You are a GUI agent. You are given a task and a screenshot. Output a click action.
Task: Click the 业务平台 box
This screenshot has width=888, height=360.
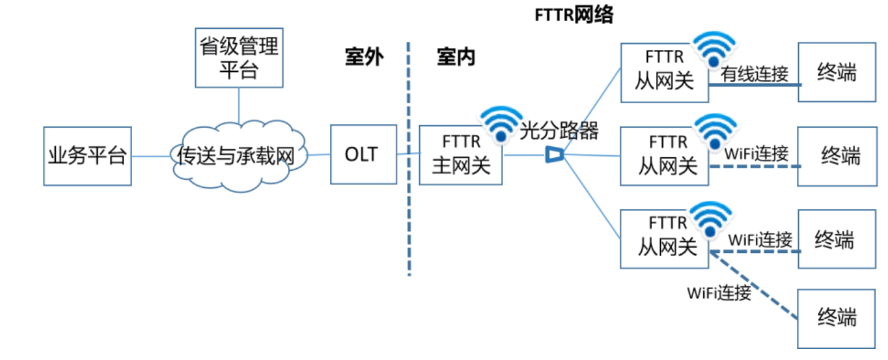[x=87, y=156]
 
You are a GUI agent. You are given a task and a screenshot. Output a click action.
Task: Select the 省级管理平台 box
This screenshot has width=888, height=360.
[x=239, y=58]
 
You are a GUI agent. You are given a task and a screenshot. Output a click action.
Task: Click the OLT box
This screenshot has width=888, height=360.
[x=362, y=155]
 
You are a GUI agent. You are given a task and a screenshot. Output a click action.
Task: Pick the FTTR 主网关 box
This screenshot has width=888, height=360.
[x=460, y=155]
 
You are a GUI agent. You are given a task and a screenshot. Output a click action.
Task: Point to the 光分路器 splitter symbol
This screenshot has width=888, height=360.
[x=554, y=155]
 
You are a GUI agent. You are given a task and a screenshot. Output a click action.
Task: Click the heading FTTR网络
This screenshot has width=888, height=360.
[x=574, y=15]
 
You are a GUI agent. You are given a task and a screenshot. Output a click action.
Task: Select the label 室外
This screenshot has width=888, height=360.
[x=364, y=58]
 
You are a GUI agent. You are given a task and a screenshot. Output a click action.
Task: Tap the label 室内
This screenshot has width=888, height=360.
[x=456, y=58]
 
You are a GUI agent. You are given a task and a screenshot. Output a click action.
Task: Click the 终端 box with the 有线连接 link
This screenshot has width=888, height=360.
[x=837, y=73]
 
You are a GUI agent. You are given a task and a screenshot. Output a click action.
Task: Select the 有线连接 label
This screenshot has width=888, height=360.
[x=754, y=74]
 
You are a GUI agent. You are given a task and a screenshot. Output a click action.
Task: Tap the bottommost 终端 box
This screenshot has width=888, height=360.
[x=837, y=318]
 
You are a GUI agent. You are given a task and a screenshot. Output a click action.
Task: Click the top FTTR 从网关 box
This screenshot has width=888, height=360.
[x=664, y=72]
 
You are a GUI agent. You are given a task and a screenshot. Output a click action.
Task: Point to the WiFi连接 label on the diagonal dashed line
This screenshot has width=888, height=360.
[x=719, y=293]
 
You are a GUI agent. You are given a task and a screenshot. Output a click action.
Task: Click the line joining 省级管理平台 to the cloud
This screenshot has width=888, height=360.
[x=239, y=106]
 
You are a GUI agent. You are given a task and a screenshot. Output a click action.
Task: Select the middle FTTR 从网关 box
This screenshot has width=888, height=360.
[x=664, y=156]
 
